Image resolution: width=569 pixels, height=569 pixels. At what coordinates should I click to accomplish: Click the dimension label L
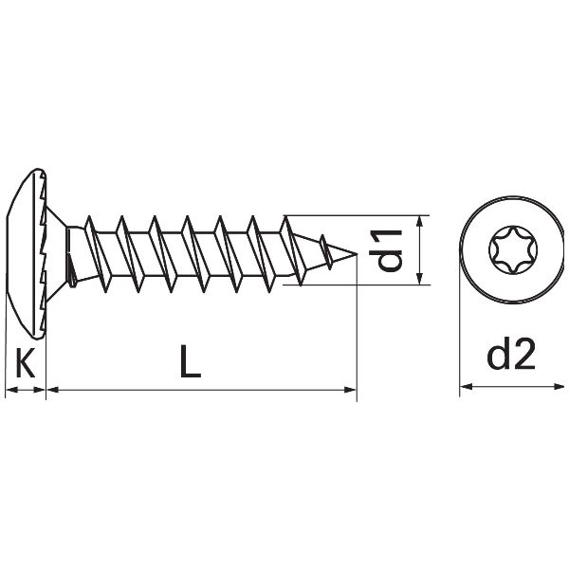[x=192, y=362]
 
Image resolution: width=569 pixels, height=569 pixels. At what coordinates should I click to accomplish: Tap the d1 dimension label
[x=390, y=248]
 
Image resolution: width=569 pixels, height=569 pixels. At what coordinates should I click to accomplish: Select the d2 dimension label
[x=511, y=356]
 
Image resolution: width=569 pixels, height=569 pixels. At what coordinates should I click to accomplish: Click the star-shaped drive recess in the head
[x=510, y=251]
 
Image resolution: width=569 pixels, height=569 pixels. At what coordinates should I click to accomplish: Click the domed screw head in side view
[x=28, y=252]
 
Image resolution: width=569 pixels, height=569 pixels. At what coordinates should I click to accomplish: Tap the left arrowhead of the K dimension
[x=9, y=389]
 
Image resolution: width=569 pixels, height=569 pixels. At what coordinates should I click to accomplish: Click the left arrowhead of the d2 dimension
[x=465, y=387]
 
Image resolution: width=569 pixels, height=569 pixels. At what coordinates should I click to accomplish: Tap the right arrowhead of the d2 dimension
[x=557, y=387]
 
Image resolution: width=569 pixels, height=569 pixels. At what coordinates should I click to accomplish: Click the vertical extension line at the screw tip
[x=357, y=332]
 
